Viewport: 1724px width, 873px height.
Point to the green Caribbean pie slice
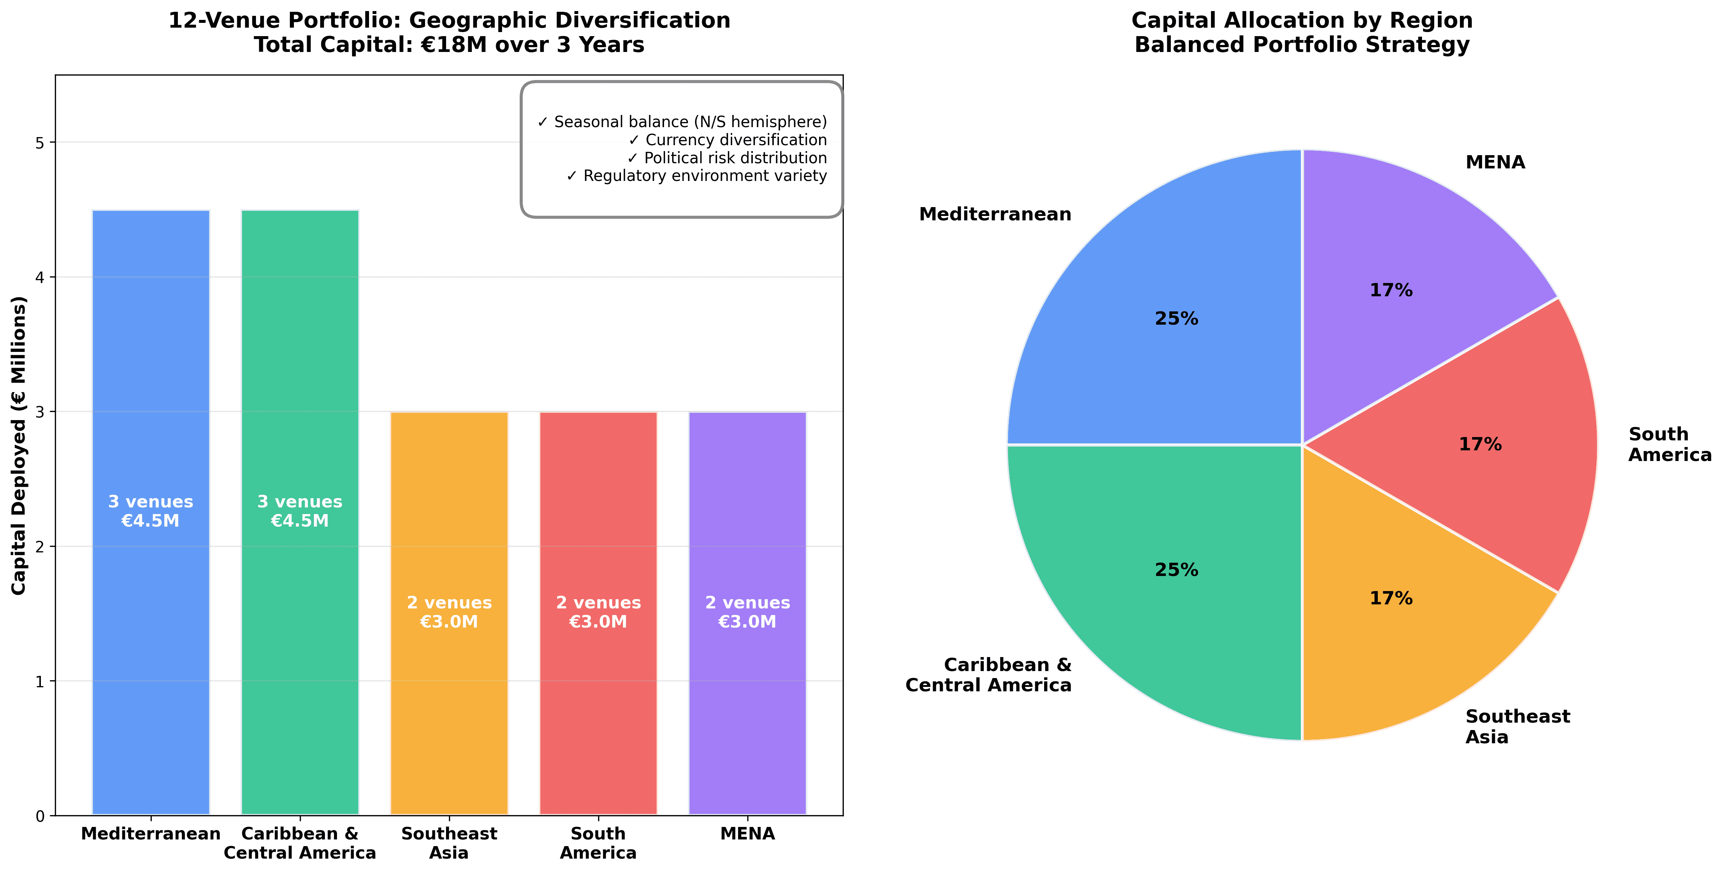1158,603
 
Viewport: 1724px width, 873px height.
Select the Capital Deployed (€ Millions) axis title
19,445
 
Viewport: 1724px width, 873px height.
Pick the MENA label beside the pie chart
1495,163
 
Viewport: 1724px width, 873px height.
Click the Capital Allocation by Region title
1302,21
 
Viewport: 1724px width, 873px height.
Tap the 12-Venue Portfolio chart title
449,21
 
